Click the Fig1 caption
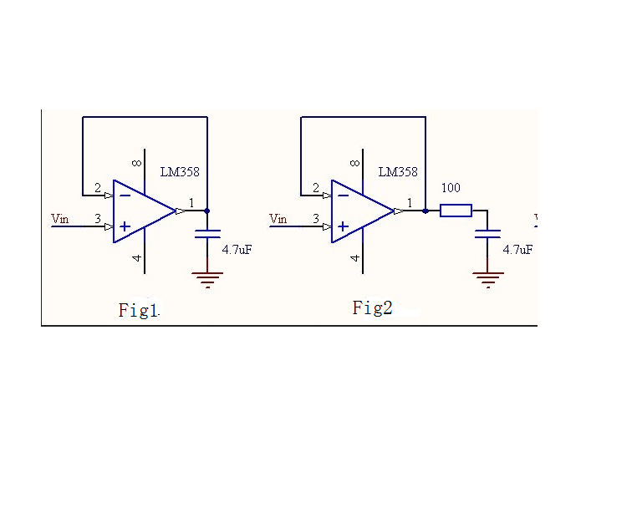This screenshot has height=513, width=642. [x=139, y=311]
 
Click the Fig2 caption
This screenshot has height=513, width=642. [x=372, y=307]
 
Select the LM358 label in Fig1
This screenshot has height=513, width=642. [x=180, y=172]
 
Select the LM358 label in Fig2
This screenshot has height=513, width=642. [x=398, y=172]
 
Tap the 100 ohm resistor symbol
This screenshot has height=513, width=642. [x=456, y=211]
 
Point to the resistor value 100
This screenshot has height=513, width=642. [x=451, y=188]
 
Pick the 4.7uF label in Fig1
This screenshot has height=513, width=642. [x=237, y=249]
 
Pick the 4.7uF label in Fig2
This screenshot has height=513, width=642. [x=517, y=249]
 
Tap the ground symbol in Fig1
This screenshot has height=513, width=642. [x=206, y=278]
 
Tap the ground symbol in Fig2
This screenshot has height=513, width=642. [x=487, y=278]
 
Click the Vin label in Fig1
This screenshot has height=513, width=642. [x=60, y=219]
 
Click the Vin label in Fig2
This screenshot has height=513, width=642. [x=278, y=219]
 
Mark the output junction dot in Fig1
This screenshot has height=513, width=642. [x=206, y=211]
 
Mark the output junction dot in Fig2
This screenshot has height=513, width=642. [x=425, y=211]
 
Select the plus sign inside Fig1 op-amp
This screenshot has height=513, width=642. [x=125, y=226]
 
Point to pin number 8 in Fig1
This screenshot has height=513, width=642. [x=136, y=163]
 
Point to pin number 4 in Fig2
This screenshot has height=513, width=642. [x=355, y=258]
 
